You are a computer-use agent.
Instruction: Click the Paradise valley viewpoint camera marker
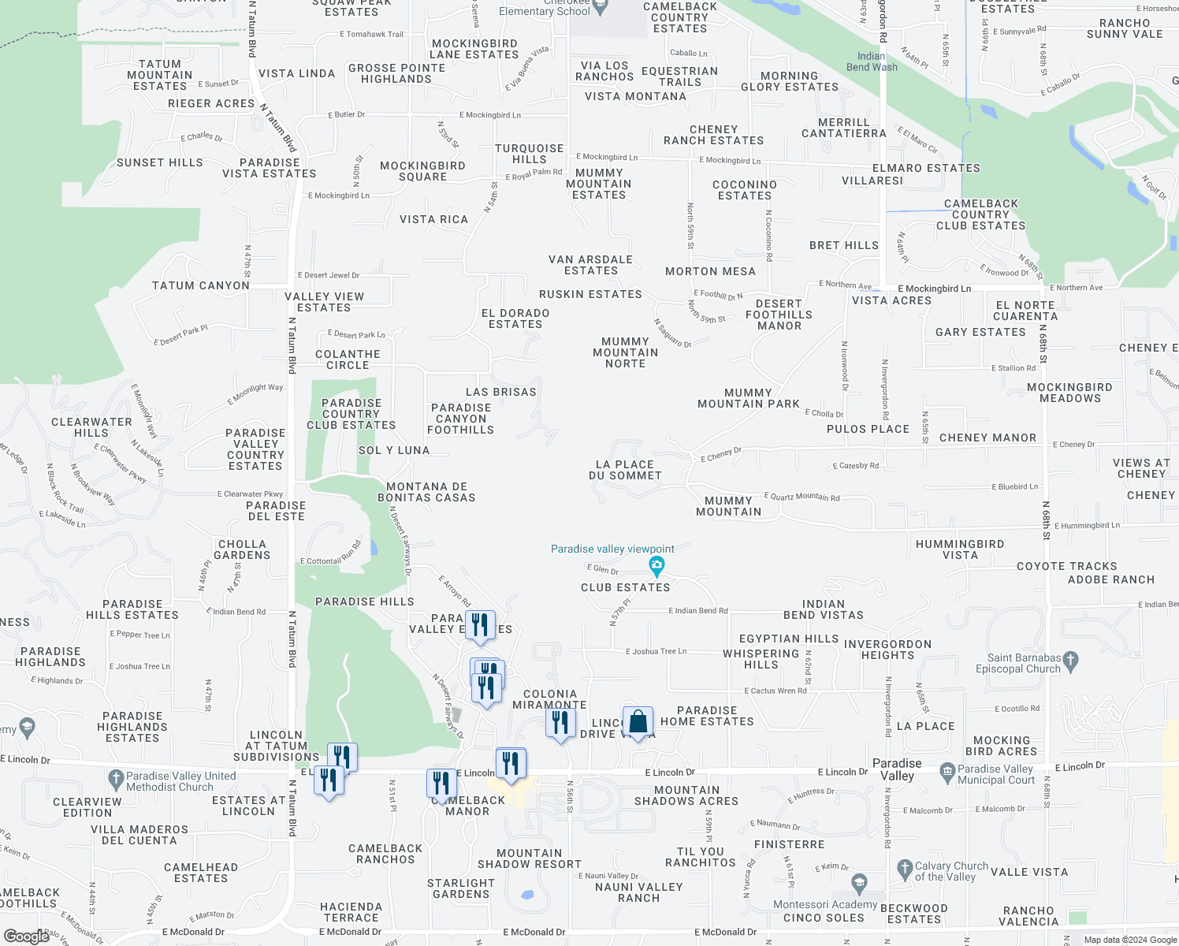[x=656, y=564]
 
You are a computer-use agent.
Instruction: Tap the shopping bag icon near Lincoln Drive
[x=638, y=721]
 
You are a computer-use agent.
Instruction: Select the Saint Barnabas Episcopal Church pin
[x=1069, y=659]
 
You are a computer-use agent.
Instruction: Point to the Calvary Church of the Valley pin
[x=904, y=870]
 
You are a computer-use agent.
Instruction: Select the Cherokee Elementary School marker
[x=601, y=7]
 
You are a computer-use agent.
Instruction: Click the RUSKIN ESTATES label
[x=590, y=294]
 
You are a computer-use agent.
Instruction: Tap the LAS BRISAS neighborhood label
[x=500, y=392]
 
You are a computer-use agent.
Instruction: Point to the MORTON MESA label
[x=710, y=271]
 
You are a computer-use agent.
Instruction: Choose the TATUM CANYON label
[x=200, y=285]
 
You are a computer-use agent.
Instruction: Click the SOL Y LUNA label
[x=394, y=450]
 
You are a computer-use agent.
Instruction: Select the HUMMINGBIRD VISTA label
[x=959, y=549]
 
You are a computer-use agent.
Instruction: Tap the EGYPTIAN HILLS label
[x=789, y=639]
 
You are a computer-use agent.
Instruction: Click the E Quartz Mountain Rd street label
[x=801, y=497]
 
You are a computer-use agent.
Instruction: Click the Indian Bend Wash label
[x=871, y=61]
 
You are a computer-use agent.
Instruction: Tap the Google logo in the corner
[x=27, y=936]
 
